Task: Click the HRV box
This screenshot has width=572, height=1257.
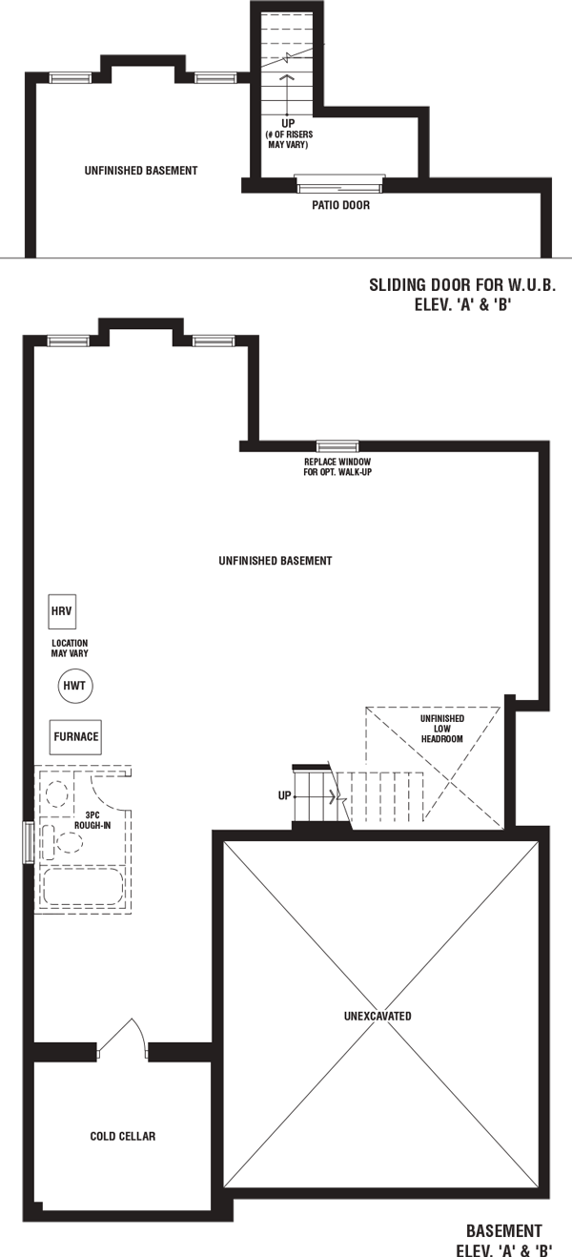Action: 62,611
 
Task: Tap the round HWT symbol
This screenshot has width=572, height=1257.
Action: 75,686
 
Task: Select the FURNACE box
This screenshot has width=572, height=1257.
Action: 75,737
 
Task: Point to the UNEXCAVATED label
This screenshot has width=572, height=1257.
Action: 378,1017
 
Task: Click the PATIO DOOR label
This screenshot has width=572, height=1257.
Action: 341,205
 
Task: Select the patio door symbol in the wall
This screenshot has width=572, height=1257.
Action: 340,183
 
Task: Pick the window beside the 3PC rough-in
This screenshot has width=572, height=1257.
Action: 28,842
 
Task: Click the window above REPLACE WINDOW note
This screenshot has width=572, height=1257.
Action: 337,446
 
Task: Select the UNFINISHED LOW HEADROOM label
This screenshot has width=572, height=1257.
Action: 442,729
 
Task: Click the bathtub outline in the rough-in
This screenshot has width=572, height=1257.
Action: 83,887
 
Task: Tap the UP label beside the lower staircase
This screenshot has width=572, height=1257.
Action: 284,795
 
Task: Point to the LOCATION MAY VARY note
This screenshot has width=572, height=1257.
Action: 70,649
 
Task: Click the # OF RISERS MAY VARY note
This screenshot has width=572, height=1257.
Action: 289,140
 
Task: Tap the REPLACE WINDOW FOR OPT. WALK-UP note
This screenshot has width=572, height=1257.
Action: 337,467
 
